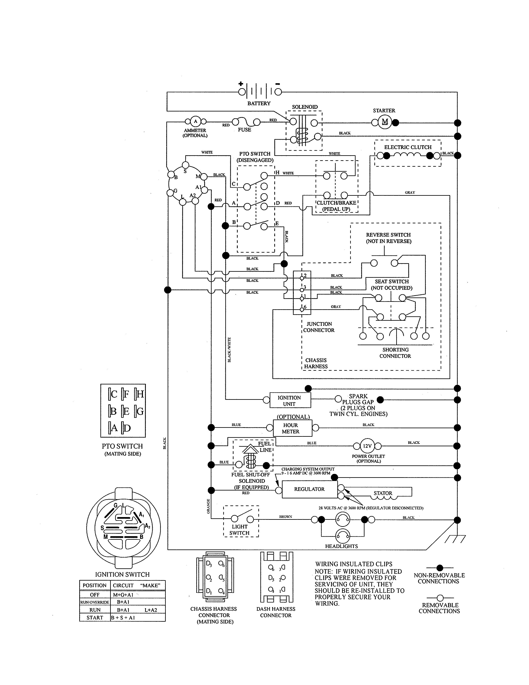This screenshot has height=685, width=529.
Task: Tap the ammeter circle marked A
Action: tap(196, 121)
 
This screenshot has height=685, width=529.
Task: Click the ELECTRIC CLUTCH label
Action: tap(408, 147)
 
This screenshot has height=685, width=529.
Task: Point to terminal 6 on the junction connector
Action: tap(302, 309)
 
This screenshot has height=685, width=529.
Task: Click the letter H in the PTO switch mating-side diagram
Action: tap(140, 394)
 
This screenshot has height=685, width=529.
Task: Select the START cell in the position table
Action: tap(95, 618)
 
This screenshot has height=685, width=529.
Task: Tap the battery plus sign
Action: tap(241, 84)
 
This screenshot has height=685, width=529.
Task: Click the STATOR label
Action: tap(383, 493)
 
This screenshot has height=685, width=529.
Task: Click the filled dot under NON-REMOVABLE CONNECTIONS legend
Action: tap(440, 568)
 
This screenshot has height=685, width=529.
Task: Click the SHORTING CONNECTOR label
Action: tap(395, 353)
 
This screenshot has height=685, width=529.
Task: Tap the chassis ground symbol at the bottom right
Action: tap(455, 539)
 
